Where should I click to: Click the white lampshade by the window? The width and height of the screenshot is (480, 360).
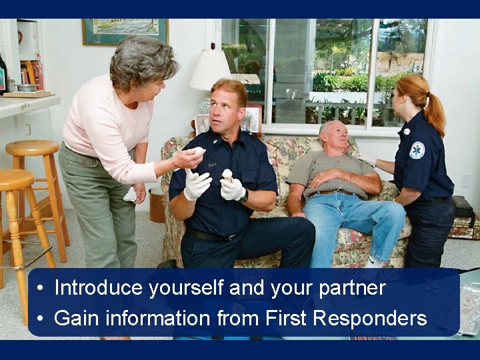tap(209, 70)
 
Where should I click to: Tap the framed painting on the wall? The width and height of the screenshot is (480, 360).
tap(125, 31)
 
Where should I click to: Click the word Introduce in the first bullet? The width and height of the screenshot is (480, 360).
tap(99, 288)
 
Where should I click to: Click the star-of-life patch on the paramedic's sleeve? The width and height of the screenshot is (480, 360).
tap(417, 150)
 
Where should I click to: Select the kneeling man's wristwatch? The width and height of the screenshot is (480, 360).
tap(245, 197)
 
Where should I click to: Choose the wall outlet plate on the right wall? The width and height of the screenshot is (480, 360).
tap(465, 181)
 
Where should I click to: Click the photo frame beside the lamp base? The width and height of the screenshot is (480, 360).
tap(251, 120)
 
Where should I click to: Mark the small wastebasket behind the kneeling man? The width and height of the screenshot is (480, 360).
tap(157, 205)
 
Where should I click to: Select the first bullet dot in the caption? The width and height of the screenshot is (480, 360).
tap(41, 289)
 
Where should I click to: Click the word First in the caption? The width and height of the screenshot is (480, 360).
tap(287, 318)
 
